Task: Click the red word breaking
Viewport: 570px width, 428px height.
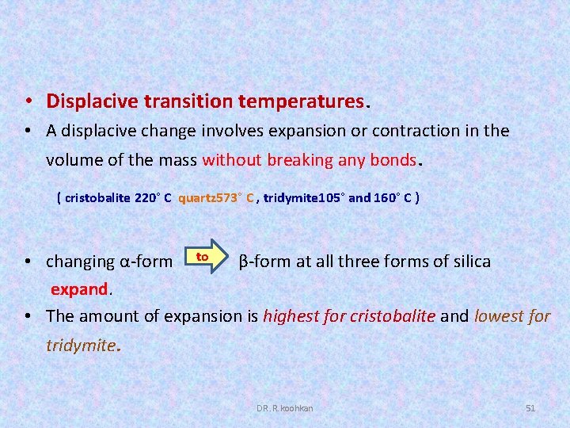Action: (x=301, y=160)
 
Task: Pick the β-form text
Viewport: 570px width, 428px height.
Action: (x=264, y=262)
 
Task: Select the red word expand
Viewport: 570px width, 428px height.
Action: (x=78, y=289)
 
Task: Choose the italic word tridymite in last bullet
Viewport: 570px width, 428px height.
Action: (x=80, y=346)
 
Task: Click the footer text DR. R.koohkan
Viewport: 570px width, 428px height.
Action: (x=284, y=407)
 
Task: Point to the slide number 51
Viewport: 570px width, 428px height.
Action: (x=530, y=407)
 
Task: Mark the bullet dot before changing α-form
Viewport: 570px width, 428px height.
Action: (x=28, y=262)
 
